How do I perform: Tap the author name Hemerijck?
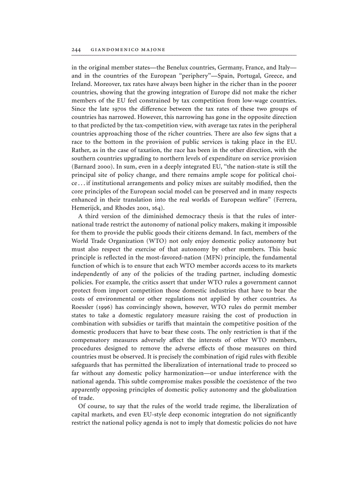click(x=86, y=207)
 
